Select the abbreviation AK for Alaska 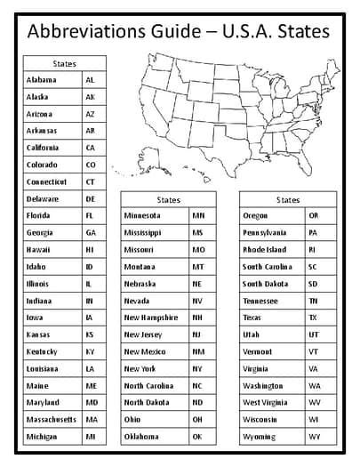(91, 97)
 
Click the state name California (44, 148)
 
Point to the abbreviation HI (91, 249)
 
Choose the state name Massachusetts (51, 419)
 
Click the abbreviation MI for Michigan (91, 436)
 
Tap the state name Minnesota (142, 215)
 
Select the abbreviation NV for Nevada (198, 301)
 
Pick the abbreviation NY (198, 368)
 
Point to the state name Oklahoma (143, 436)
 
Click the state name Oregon (256, 215)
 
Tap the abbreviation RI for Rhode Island (313, 250)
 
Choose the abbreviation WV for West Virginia (314, 402)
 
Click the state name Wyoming (259, 436)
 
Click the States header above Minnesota (168, 199)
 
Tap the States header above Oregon (289, 199)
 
